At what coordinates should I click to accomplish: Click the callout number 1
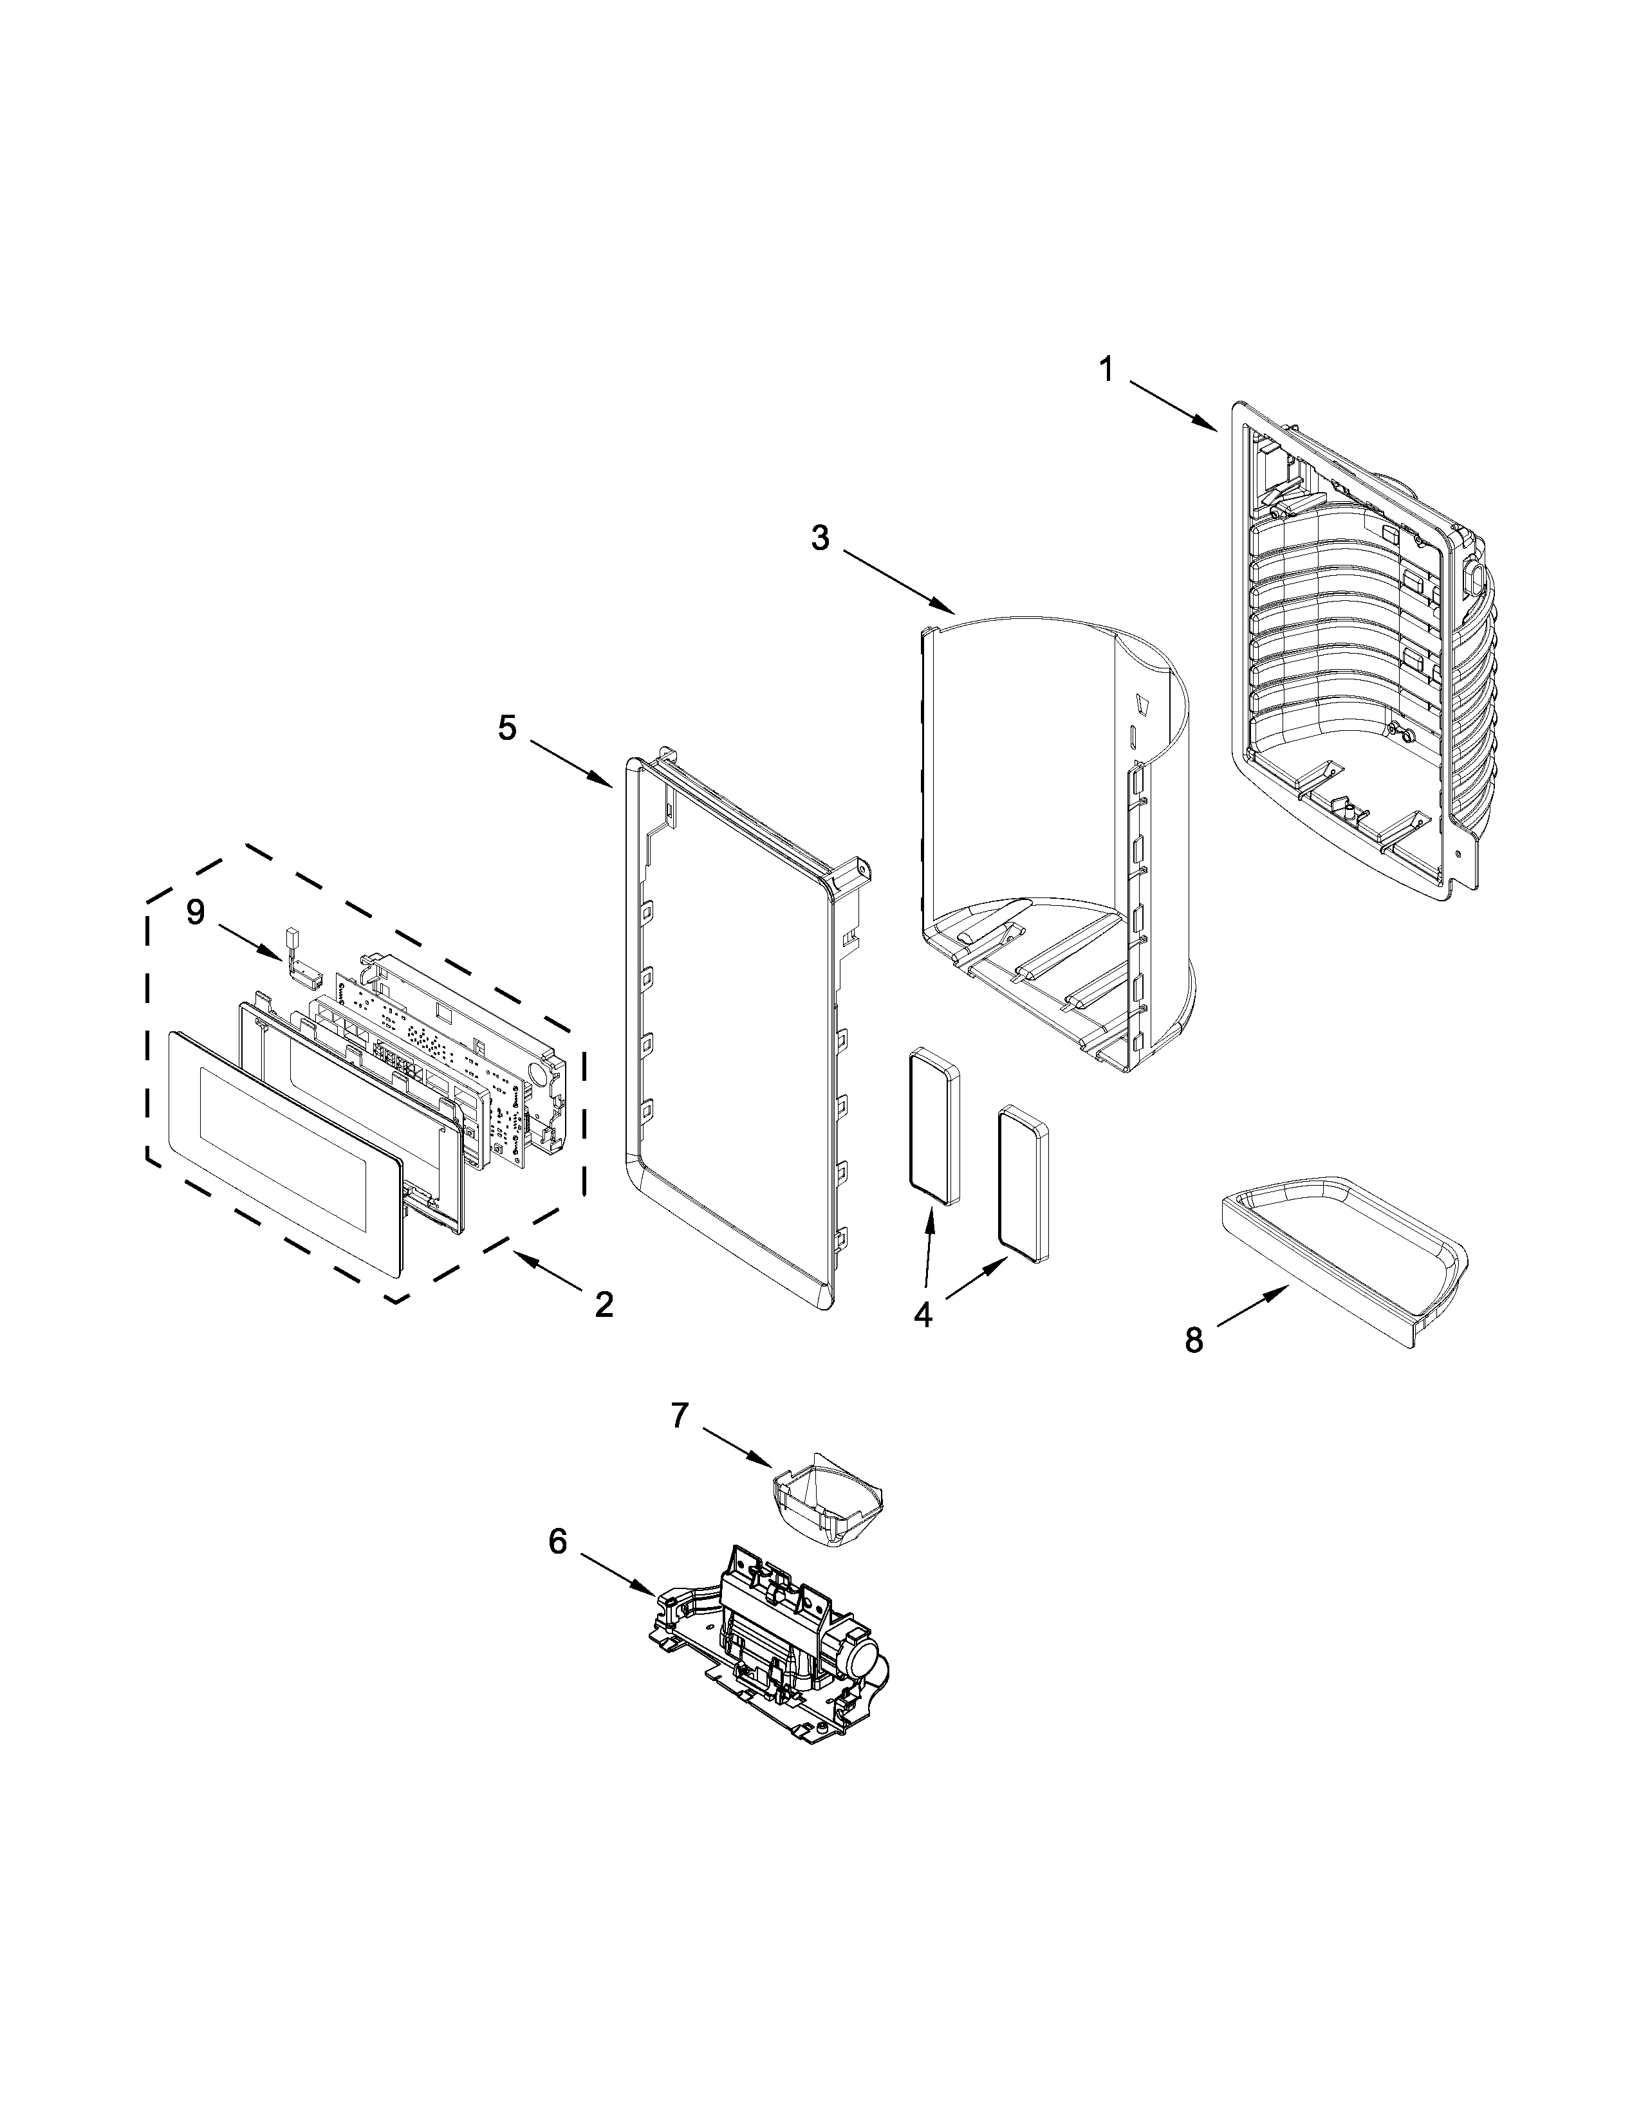point(1106,369)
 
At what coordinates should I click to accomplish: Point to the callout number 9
point(196,912)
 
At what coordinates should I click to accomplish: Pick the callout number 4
point(923,1315)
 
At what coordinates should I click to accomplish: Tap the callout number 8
point(1194,1341)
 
